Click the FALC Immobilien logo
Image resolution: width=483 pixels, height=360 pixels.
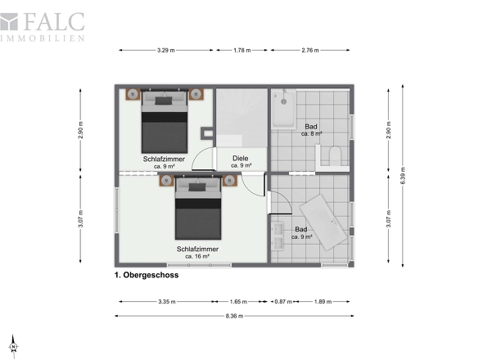click(x=43, y=27)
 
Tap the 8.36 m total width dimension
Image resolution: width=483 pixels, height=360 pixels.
click(x=234, y=316)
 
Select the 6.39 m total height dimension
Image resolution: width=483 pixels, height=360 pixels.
click(x=403, y=176)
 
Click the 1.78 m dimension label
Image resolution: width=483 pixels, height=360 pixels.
click(x=241, y=50)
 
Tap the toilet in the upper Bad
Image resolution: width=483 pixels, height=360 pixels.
click(x=335, y=155)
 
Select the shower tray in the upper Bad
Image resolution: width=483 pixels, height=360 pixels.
click(x=283, y=108)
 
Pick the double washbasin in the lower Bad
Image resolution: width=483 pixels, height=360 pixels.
click(x=278, y=236)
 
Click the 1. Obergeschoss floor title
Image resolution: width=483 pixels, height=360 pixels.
click(x=147, y=275)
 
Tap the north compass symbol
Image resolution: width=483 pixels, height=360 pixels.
click(x=14, y=346)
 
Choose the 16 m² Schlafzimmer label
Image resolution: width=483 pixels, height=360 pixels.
click(x=197, y=253)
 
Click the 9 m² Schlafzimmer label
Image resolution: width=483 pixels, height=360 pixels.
click(x=164, y=162)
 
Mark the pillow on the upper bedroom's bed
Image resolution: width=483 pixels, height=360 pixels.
click(x=164, y=101)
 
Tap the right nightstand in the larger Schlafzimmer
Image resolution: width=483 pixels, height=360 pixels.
click(x=230, y=181)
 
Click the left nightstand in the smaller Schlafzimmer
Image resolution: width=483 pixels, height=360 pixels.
click(x=133, y=94)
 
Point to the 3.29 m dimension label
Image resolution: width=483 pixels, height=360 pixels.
click(x=165, y=50)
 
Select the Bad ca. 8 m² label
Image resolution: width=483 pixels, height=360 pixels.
click(x=311, y=130)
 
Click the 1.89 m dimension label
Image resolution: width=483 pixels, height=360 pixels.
click(x=323, y=301)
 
